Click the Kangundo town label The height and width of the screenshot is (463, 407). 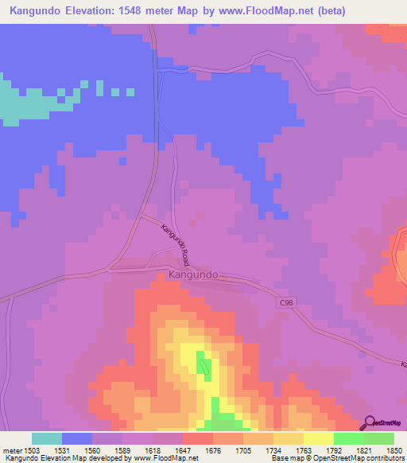[193, 275]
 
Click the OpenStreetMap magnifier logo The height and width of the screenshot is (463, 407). [370, 425]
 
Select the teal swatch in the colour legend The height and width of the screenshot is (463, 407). [47, 438]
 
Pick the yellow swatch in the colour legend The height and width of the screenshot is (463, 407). [318, 438]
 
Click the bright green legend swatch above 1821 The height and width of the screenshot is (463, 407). [348, 438]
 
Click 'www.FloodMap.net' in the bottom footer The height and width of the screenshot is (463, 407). [158, 458]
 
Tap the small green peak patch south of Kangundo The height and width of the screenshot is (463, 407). [205, 366]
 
